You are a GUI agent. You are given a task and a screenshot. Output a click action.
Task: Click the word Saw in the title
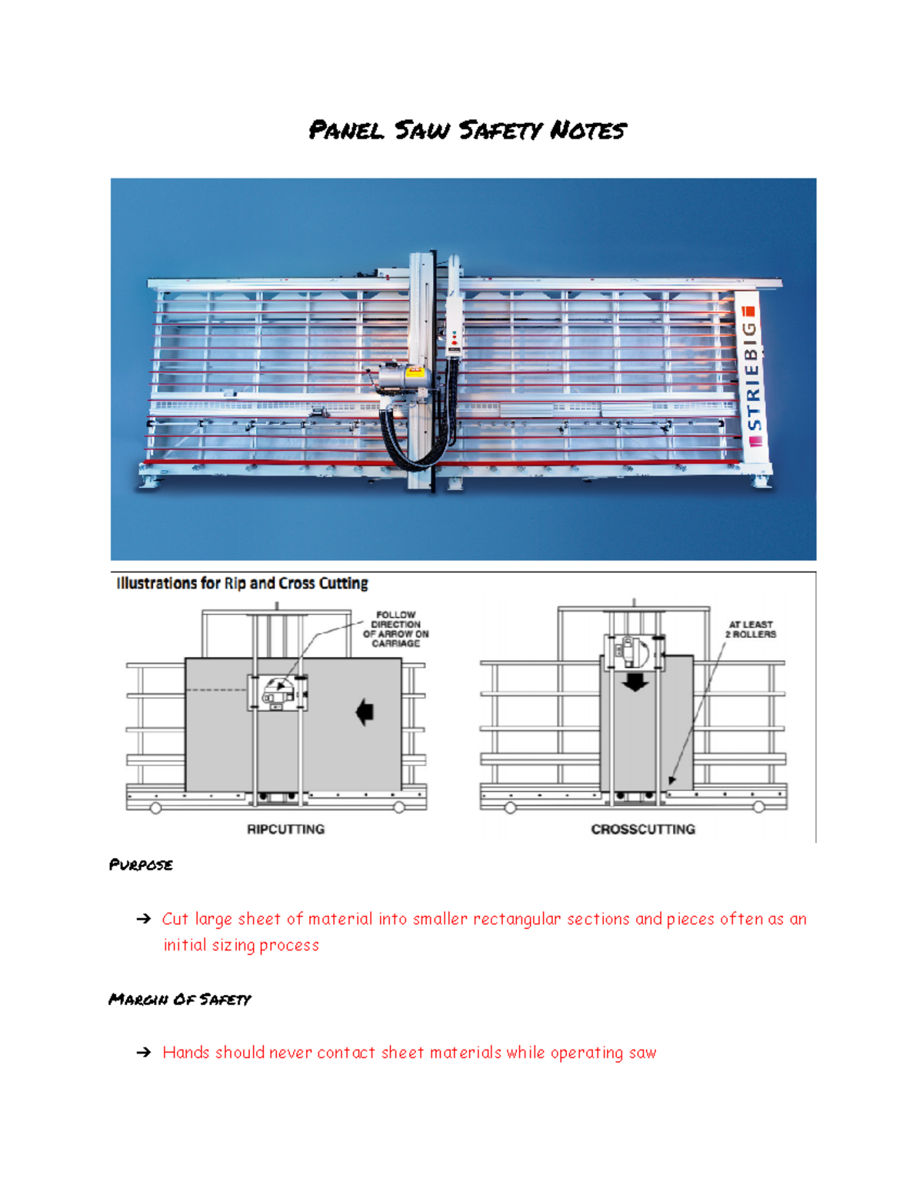(x=422, y=130)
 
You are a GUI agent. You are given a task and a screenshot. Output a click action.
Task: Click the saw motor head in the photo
(x=398, y=379)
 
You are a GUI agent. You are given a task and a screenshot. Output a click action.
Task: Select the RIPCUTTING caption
(x=285, y=829)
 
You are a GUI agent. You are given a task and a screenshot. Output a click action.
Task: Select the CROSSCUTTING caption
(x=643, y=829)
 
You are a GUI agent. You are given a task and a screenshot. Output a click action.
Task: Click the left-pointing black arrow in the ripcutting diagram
(x=365, y=712)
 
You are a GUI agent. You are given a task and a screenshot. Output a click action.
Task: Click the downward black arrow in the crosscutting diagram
(x=635, y=682)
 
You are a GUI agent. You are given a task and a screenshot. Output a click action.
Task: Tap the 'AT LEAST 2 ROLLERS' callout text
(x=751, y=629)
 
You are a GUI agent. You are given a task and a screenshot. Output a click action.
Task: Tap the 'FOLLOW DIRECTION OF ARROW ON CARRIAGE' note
(x=396, y=629)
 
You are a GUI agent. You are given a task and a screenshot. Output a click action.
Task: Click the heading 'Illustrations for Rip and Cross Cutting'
(x=242, y=583)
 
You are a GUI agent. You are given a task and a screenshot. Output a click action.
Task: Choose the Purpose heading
(x=141, y=865)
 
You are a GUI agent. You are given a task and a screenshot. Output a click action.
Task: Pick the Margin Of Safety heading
(x=180, y=1000)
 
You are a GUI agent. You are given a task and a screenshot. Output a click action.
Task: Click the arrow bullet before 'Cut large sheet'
(x=143, y=919)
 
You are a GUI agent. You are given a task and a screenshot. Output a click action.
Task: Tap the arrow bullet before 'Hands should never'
(x=143, y=1053)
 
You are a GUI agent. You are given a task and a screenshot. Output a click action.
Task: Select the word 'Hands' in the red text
(x=185, y=1052)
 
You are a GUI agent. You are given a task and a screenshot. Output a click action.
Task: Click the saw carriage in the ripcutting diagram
(x=278, y=692)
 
